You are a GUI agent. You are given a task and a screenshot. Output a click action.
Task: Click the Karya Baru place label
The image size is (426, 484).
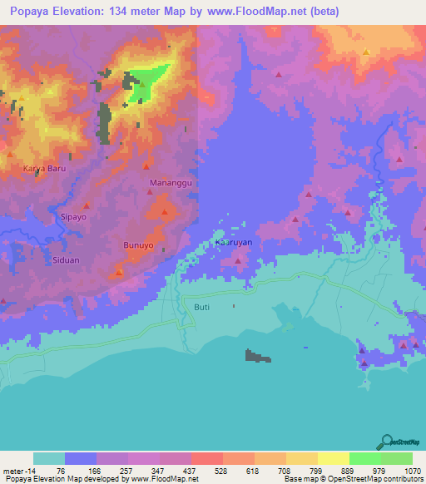pyautogui.click(x=43, y=168)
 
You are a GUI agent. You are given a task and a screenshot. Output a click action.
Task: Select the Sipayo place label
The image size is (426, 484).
pyautogui.click(x=73, y=215)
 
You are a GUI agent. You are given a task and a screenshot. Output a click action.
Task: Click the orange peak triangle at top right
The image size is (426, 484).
pyautogui.click(x=365, y=52)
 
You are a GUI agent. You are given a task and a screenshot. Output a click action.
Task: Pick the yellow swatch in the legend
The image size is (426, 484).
pyautogui.click(x=333, y=458)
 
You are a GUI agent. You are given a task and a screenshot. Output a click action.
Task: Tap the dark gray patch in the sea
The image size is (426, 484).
pyautogui.click(x=257, y=357)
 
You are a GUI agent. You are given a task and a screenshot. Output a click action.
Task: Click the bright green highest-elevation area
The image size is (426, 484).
pyautogui.click(x=149, y=83)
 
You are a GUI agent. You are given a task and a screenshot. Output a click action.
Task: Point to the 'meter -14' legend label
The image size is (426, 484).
pyautogui.click(x=19, y=469)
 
